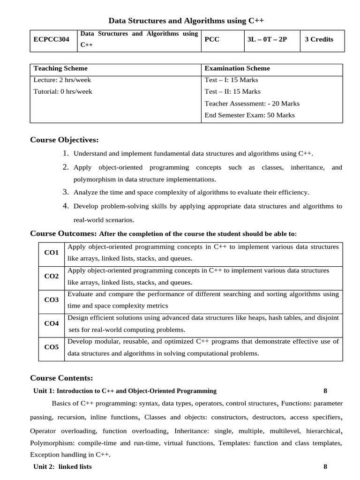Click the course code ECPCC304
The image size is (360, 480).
tap(52, 40)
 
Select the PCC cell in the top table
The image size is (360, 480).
tap(212, 40)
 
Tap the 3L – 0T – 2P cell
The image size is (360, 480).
tap(267, 40)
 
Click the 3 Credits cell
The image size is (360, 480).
tap(319, 40)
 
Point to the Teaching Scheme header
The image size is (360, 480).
tap(60, 68)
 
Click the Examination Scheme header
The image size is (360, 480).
tap(237, 68)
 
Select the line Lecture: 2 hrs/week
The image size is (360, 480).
tap(62, 80)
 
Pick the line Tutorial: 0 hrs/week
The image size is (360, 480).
tap(63, 92)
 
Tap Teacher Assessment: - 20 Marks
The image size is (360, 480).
tap(252, 104)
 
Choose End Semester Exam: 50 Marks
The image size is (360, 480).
tap(250, 115)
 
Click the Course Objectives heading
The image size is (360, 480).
tap(64, 140)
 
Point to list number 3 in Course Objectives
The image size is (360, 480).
tap(66, 192)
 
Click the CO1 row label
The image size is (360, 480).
tap(52, 253)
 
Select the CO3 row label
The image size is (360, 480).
tap(52, 300)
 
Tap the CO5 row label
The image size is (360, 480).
tap(52, 347)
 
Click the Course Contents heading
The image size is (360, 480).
tap(61, 378)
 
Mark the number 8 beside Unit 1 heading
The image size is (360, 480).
tap(325, 391)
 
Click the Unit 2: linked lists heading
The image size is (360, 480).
tap(63, 467)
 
